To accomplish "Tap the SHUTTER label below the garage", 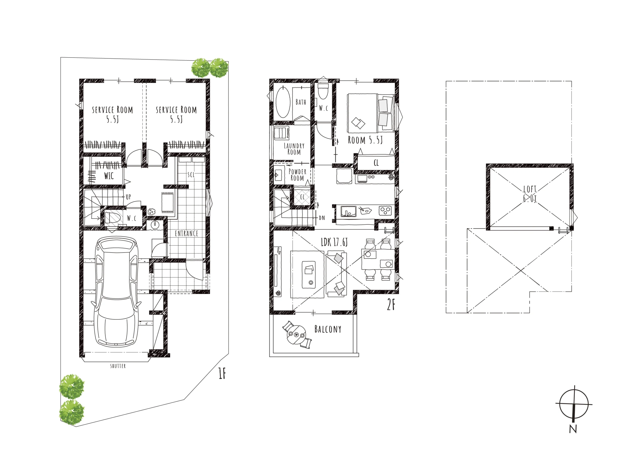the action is point(118,366).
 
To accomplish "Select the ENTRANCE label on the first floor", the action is point(186,234).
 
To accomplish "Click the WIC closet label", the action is point(109,176).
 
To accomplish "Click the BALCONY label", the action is point(328,329).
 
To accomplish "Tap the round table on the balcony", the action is point(296,335).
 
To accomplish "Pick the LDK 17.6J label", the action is point(334,242).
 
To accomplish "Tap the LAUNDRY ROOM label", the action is point(294,149).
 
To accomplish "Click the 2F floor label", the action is point(391,305).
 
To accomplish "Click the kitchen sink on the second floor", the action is point(349,211).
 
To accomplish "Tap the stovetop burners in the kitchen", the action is point(385,211).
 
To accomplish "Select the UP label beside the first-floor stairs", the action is point(128,197).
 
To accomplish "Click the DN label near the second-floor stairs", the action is point(322,218).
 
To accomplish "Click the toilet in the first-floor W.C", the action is point(113,218).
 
